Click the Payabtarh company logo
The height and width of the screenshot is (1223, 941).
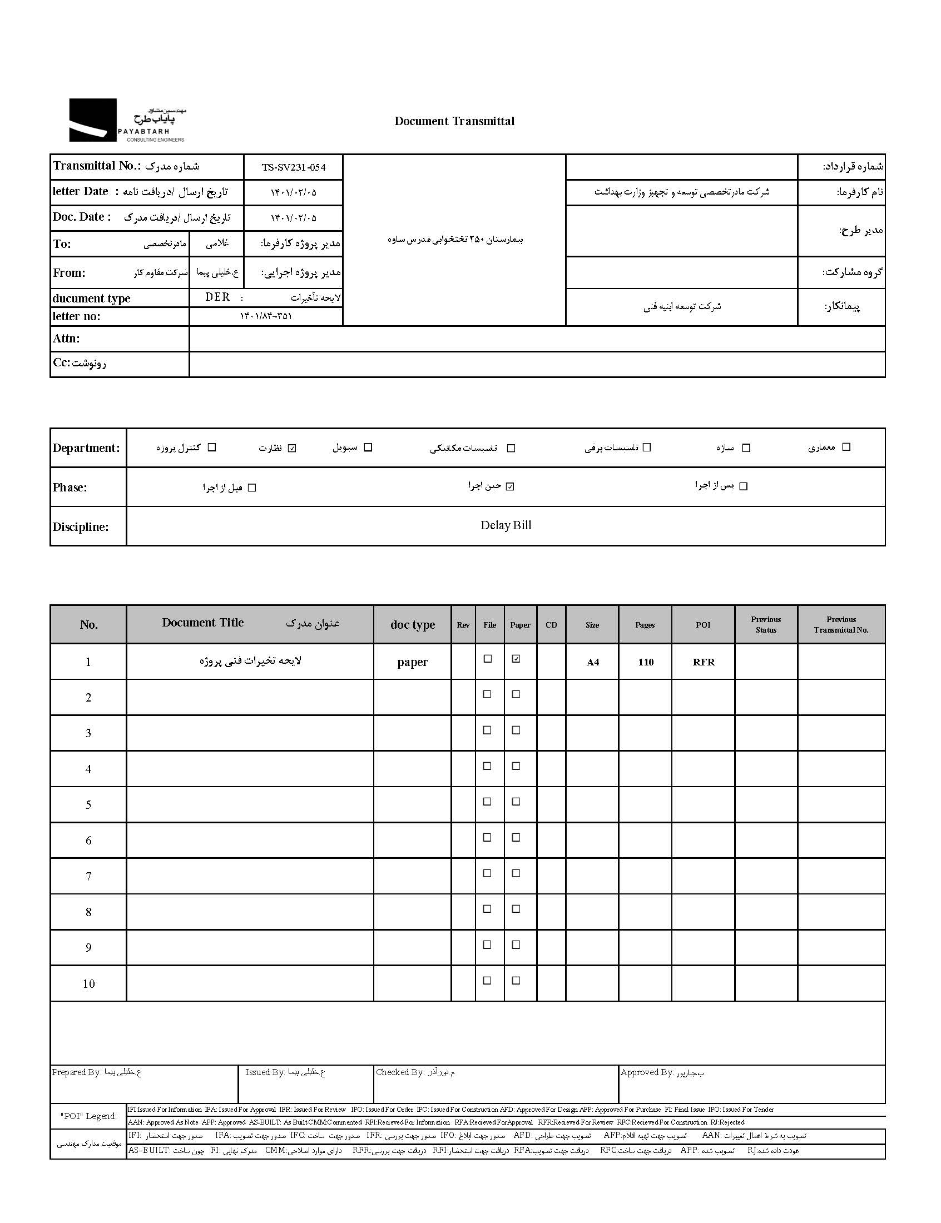click(127, 121)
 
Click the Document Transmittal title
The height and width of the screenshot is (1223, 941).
click(454, 121)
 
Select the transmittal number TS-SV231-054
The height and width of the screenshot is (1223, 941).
click(294, 167)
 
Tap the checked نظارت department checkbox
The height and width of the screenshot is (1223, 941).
click(292, 448)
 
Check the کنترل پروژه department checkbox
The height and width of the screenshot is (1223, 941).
click(212, 447)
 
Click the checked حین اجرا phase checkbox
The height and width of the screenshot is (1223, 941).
click(509, 486)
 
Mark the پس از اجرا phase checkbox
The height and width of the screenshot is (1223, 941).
click(743, 486)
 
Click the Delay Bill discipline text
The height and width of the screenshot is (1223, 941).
click(506, 525)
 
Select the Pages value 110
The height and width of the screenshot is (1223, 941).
click(645, 662)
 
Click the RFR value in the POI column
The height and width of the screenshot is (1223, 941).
click(704, 662)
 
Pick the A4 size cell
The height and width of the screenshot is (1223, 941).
click(593, 662)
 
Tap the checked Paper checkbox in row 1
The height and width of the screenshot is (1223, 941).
click(516, 659)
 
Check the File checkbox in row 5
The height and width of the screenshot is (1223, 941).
click(487, 802)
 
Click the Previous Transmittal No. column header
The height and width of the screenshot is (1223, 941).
click(841, 625)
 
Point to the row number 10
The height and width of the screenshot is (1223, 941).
click(88, 983)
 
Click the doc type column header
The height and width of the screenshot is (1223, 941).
click(412, 625)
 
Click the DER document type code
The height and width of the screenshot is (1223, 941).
click(217, 297)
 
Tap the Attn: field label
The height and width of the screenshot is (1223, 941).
click(67, 339)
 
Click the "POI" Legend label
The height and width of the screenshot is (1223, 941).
click(88, 1116)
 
